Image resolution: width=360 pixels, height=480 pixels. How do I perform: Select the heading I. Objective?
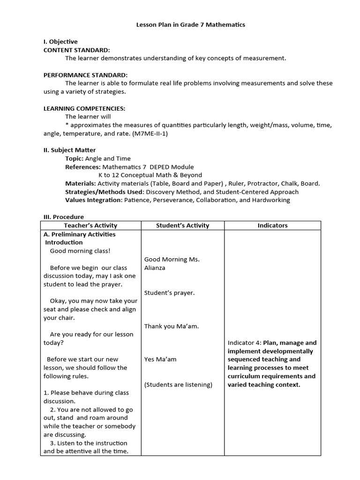[60, 42]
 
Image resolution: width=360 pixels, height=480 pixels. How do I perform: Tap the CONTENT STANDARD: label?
[77, 50]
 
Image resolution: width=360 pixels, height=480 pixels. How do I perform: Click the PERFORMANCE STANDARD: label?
[85, 75]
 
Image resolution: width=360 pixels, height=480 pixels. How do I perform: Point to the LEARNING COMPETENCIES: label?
[84, 108]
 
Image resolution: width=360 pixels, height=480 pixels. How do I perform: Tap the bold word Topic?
[74, 158]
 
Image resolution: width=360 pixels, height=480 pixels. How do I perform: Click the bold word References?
[82, 167]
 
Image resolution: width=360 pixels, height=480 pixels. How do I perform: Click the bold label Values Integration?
[93, 200]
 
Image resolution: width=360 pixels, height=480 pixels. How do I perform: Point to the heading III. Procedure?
[64, 217]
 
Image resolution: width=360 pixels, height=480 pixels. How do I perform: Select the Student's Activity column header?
[182, 225]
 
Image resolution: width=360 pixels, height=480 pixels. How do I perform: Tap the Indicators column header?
[272, 225]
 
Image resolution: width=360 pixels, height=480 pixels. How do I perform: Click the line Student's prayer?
[169, 292]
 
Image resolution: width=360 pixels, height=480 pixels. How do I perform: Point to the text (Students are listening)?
[178, 385]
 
